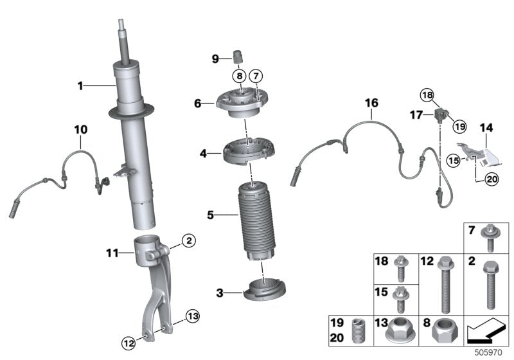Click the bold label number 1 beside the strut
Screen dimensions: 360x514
(80, 85)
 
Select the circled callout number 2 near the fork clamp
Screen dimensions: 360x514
(188, 241)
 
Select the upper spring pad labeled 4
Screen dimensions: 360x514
(245, 153)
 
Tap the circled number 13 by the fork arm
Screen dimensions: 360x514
(193, 315)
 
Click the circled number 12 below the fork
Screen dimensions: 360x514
(129, 344)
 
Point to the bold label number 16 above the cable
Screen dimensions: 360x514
(371, 103)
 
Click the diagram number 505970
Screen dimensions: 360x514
(491, 353)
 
